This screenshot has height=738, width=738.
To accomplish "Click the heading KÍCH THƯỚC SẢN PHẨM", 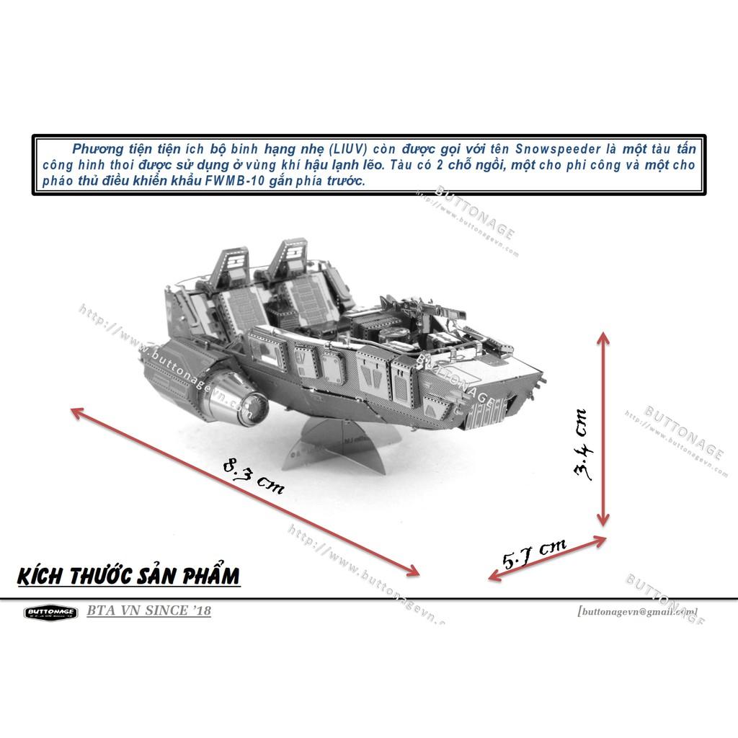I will click(127, 577).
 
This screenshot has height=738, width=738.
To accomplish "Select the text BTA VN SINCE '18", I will click(148, 611).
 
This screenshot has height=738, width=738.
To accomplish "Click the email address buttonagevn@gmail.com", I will click(637, 610).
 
